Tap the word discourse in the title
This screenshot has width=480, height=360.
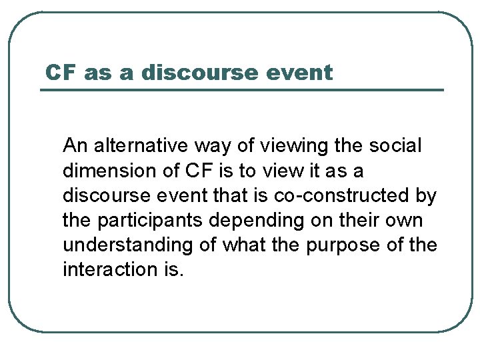click(198, 72)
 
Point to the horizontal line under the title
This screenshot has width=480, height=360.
click(241, 90)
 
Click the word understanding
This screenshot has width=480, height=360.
click(127, 245)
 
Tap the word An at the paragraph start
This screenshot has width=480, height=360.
click(74, 145)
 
